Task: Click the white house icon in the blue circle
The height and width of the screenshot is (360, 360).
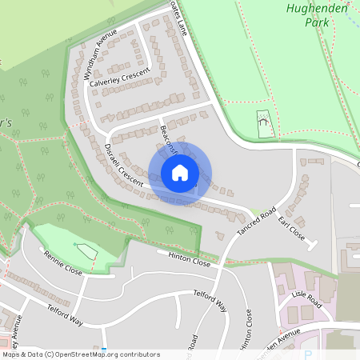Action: pos(180,172)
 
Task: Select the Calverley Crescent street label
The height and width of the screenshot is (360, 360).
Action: pos(120,77)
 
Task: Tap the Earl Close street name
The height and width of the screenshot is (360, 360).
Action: pos(292,232)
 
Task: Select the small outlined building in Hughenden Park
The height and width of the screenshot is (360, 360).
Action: pos(263,123)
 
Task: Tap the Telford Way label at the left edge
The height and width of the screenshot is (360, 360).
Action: pos(65,314)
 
